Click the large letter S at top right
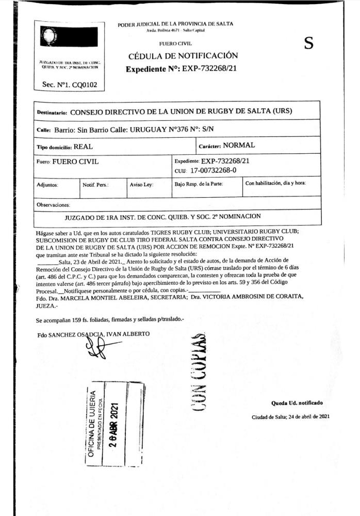pos(308,44)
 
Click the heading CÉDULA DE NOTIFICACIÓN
pos(183,56)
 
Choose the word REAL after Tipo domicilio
pos(83,147)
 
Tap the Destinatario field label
pos(52,112)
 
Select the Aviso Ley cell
pos(141,184)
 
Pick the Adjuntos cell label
pos(47,184)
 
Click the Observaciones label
pos(53,205)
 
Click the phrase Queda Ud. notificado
pos(297,402)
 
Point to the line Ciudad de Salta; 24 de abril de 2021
pos(290,416)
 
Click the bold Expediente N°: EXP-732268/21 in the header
pos(182,69)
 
